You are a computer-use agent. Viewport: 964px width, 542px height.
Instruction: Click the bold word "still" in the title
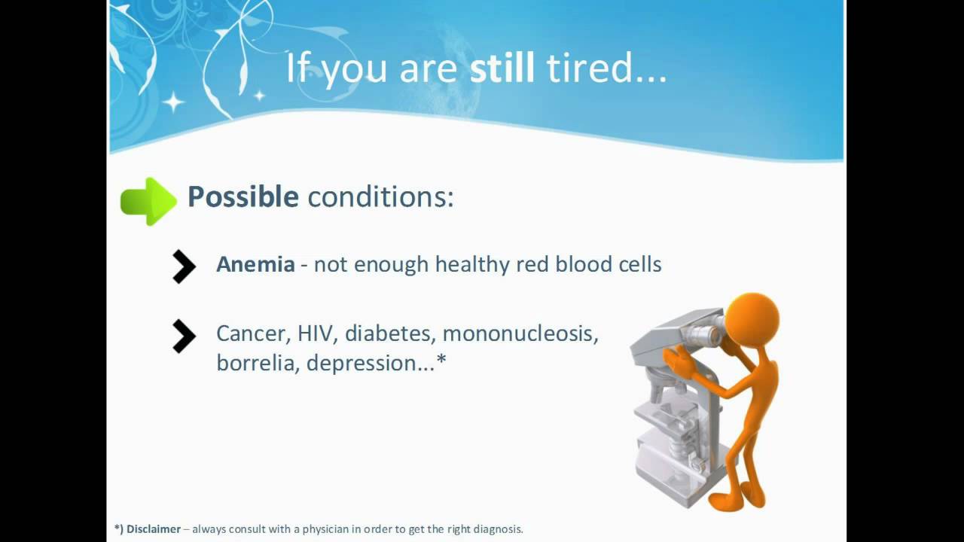pyautogui.click(x=502, y=67)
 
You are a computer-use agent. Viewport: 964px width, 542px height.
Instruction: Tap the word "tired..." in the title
pyautogui.click(x=607, y=68)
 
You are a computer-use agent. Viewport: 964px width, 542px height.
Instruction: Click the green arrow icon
pyautogui.click(x=148, y=201)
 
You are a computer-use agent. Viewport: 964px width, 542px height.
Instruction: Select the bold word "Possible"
pyautogui.click(x=243, y=197)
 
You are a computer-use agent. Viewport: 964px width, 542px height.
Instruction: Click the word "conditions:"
pyautogui.click(x=381, y=197)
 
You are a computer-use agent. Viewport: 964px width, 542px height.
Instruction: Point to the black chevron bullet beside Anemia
pyautogui.click(x=185, y=266)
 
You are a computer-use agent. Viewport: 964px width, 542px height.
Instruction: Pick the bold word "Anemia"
pyautogui.click(x=255, y=264)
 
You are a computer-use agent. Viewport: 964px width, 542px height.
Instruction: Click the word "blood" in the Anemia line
pyautogui.click(x=584, y=263)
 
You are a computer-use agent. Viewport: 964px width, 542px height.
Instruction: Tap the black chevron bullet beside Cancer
pyautogui.click(x=185, y=336)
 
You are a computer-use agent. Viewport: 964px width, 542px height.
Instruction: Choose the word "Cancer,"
pyautogui.click(x=254, y=333)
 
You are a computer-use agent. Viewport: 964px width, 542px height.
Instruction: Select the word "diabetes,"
pyautogui.click(x=390, y=333)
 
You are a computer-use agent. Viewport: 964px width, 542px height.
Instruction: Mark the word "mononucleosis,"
pyautogui.click(x=520, y=333)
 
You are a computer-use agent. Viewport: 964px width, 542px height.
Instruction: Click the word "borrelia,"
pyautogui.click(x=258, y=363)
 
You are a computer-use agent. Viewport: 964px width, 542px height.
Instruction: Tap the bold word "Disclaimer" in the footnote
pyautogui.click(x=154, y=529)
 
